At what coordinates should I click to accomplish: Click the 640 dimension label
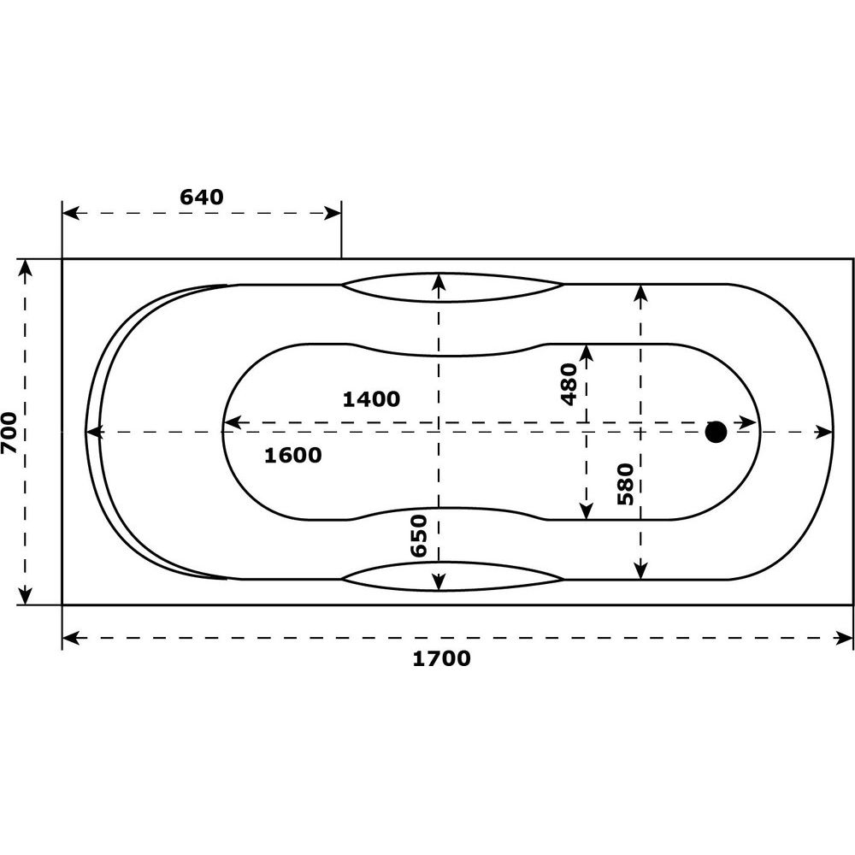202,197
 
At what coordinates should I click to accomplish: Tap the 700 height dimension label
9,433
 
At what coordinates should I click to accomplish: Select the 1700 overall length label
441,658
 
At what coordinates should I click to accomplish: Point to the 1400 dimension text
371,399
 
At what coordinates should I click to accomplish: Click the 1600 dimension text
292,456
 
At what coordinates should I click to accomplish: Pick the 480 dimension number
569,385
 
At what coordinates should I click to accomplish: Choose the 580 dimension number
626,484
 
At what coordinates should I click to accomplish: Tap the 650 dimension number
419,535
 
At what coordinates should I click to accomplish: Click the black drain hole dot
716,432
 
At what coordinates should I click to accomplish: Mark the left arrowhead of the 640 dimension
71,213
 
